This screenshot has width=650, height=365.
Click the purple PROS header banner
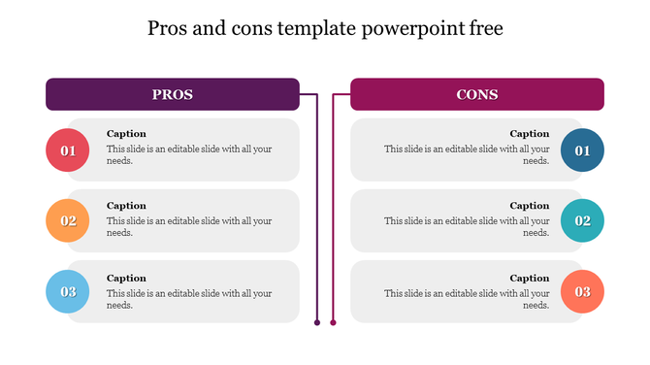coord(173,94)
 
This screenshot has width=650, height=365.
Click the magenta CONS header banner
coord(477,94)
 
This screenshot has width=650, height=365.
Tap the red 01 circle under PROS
coord(68,150)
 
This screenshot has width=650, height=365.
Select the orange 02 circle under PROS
coord(68,221)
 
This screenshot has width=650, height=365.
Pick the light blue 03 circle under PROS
coord(68,292)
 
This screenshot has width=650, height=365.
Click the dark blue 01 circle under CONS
coord(582,150)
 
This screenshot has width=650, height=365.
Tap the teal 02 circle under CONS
coord(582,221)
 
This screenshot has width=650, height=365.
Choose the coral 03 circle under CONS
coord(582,292)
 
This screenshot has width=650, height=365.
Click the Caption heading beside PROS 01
coord(126,134)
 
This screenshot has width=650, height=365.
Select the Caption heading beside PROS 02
coord(126,206)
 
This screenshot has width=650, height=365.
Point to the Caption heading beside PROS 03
coord(126,279)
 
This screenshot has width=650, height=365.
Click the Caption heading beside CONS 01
coord(530,134)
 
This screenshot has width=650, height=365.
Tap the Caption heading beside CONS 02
coord(530,206)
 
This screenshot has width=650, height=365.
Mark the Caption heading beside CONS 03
coord(530,279)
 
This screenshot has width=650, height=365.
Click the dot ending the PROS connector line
coord(317,321)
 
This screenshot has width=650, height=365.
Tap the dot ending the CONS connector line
coord(333,321)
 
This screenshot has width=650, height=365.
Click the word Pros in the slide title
coord(168,29)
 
